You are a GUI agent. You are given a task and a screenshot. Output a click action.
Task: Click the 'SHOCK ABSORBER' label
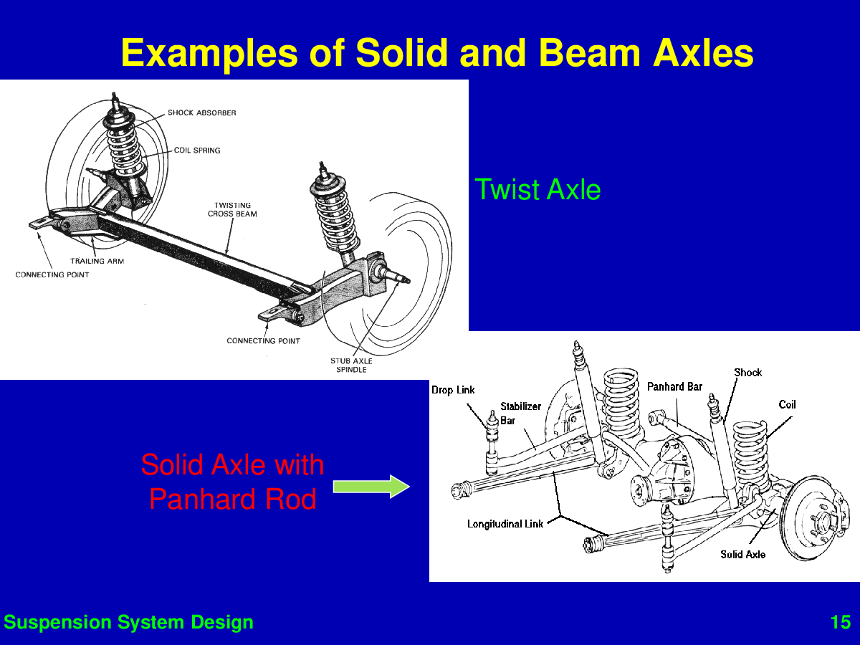click(x=202, y=113)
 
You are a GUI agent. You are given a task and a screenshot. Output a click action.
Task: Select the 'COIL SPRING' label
click(x=197, y=150)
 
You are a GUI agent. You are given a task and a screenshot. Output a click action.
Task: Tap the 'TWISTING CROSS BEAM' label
click(x=232, y=209)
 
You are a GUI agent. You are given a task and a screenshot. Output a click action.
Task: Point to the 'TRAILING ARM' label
click(x=97, y=261)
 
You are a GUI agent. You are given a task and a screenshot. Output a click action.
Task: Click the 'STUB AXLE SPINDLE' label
click(x=351, y=365)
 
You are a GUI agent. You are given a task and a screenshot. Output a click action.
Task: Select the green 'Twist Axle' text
click(x=537, y=189)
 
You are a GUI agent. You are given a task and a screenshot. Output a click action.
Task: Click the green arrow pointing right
click(x=371, y=487)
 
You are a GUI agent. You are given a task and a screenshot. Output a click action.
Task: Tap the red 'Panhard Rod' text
click(x=233, y=499)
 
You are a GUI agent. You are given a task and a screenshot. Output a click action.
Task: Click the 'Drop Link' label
click(x=453, y=390)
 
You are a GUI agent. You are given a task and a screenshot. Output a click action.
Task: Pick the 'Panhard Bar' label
click(x=674, y=387)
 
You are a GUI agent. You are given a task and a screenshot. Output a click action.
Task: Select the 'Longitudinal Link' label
click(x=505, y=524)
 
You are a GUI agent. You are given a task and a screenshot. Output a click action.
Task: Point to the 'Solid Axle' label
click(x=743, y=555)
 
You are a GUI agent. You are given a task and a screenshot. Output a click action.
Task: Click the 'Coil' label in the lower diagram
click(x=787, y=404)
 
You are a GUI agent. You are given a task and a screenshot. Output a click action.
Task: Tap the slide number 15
click(x=841, y=622)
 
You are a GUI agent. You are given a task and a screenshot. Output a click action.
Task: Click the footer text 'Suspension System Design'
click(x=128, y=622)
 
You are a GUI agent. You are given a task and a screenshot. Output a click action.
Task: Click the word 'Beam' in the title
click(x=590, y=53)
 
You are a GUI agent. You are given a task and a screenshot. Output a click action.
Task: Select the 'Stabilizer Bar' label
click(x=521, y=414)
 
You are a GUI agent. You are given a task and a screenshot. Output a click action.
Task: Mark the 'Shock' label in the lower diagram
click(x=748, y=373)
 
